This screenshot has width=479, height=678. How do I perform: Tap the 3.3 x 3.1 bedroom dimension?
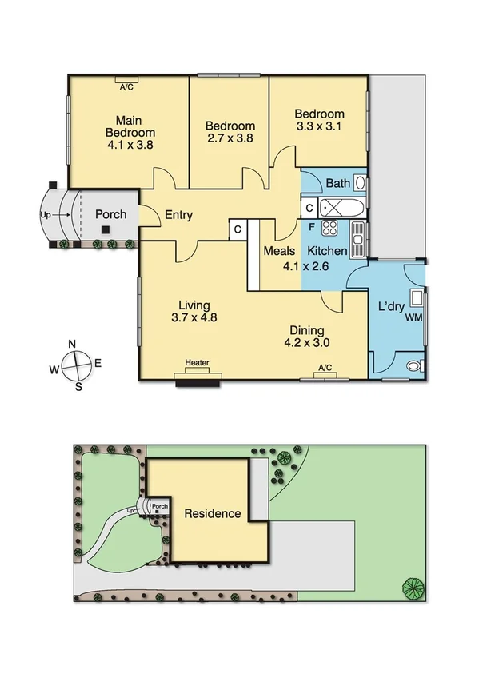(x=319, y=127)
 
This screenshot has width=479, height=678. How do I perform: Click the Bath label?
(x=337, y=184)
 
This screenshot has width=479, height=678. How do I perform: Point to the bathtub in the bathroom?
(x=342, y=209)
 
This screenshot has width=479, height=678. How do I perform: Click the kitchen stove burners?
(x=329, y=229)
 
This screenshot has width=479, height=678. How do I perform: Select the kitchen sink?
(x=357, y=235)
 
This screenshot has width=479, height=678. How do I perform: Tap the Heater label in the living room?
(x=197, y=363)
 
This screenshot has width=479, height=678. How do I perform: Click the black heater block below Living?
(x=197, y=381)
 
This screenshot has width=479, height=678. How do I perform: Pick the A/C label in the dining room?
(x=325, y=368)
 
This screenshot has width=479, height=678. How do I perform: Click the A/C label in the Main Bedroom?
(x=126, y=88)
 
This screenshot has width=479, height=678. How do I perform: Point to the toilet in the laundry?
(x=413, y=366)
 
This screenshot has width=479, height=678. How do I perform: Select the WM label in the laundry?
(x=413, y=319)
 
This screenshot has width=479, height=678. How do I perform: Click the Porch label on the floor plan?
(x=110, y=214)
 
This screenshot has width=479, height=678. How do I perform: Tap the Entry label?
(x=180, y=214)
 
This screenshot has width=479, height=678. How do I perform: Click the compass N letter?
(x=72, y=345)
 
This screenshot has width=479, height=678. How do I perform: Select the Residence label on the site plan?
(x=213, y=513)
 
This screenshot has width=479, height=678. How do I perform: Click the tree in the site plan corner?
(x=413, y=589)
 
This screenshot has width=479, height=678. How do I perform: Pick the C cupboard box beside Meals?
(x=238, y=229)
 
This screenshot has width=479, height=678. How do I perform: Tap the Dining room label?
(x=307, y=330)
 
